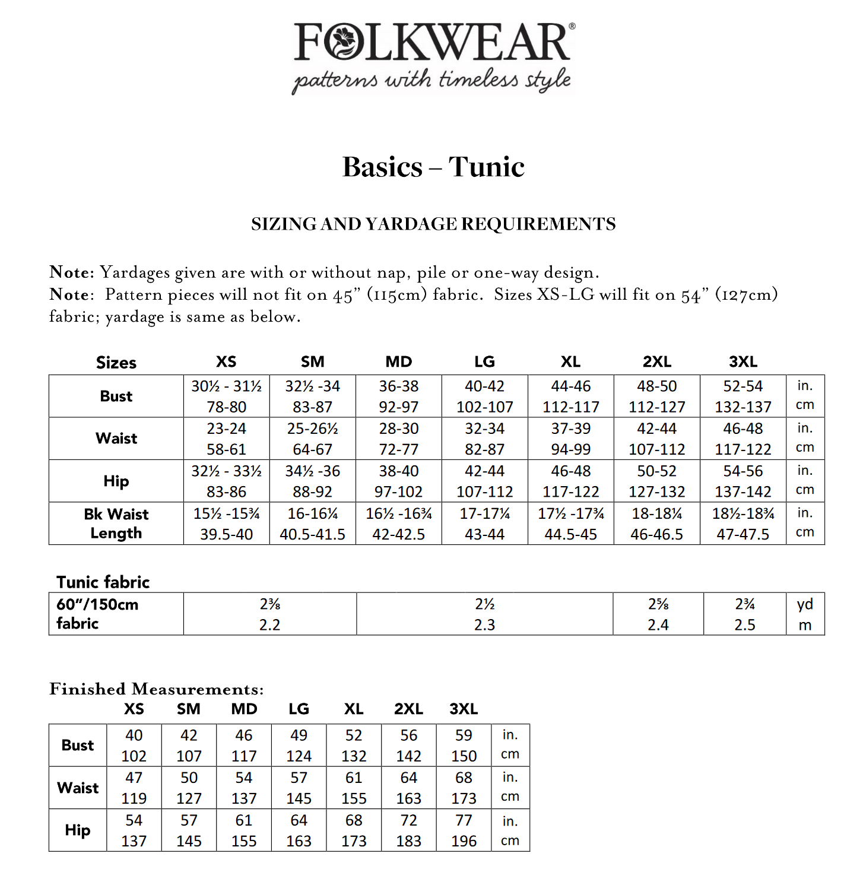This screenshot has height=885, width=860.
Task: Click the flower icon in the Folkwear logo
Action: click(x=344, y=42)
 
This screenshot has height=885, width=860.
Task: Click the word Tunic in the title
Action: click(x=486, y=167)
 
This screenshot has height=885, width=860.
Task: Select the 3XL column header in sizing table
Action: click(x=742, y=361)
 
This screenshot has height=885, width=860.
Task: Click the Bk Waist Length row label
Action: click(x=116, y=524)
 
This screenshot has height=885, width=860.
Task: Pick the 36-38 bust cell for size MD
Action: click(x=399, y=386)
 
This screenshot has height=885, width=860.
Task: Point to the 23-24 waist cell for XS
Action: click(x=226, y=429)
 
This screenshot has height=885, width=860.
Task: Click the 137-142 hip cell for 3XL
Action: click(x=742, y=492)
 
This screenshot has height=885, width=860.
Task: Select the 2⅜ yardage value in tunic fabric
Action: click(x=269, y=604)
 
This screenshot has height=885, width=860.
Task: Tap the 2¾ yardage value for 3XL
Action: click(x=745, y=604)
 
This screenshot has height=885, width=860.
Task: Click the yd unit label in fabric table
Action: click(x=805, y=604)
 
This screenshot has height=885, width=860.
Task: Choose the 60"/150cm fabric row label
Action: click(x=97, y=614)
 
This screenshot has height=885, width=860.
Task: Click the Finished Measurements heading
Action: click(x=156, y=689)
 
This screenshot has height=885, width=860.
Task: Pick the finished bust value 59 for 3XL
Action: click(x=464, y=735)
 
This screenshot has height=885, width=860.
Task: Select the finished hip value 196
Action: click(x=464, y=841)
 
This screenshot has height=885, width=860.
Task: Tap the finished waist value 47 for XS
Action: click(x=134, y=778)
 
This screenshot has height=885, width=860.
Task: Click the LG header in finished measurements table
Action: click(x=299, y=709)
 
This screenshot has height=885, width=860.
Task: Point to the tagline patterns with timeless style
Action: click(x=431, y=80)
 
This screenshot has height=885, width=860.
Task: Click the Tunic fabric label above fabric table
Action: click(x=103, y=582)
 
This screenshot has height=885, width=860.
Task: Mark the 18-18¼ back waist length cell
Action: click(x=656, y=513)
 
